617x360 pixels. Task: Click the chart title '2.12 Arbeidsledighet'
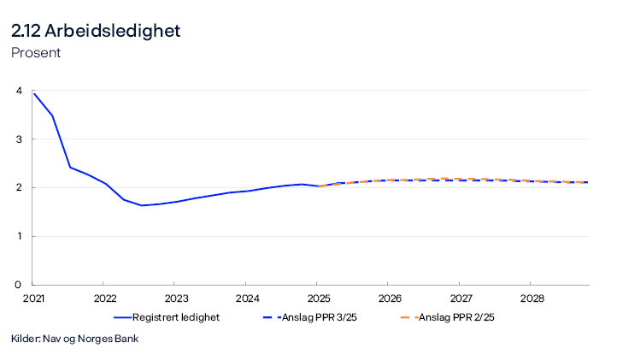[x=96, y=31]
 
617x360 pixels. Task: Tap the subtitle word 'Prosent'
[x=36, y=53]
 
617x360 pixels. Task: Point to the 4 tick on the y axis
[x=18, y=91]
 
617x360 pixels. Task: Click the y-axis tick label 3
[x=18, y=139]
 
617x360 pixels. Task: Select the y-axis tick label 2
[x=18, y=188]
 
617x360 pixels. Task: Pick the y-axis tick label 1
[x=18, y=237]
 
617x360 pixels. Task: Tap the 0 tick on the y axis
[x=18, y=285]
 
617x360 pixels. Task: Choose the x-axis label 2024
[x=245, y=298]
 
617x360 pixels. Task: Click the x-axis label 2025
[x=316, y=298]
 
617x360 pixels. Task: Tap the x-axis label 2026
[x=387, y=298]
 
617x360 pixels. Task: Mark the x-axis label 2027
[x=459, y=298]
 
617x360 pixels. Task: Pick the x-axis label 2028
[x=530, y=298]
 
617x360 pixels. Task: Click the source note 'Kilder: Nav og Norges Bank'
[x=74, y=339]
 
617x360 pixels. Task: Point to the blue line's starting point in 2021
[x=32, y=92]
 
